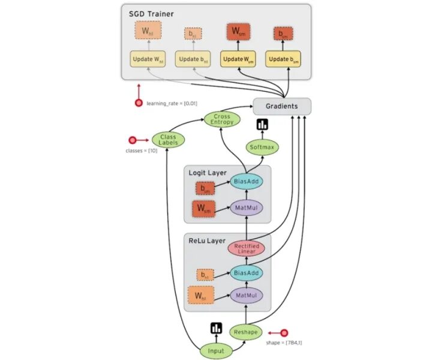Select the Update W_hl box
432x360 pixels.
pyautogui.click(x=148, y=59)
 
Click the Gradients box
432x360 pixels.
pyautogui.click(x=281, y=106)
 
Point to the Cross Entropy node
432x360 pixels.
pyautogui.click(x=221, y=119)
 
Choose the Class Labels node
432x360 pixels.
pyautogui.click(x=168, y=140)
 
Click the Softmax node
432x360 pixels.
pyautogui.click(x=262, y=146)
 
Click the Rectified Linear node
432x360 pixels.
pyautogui.click(x=246, y=248)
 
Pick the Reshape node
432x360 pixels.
pyautogui.click(x=246, y=332)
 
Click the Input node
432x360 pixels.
pyautogui.click(x=215, y=350)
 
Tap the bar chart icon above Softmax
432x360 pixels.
pyautogui.click(x=262, y=125)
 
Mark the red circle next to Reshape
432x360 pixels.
pyautogui.click(x=284, y=332)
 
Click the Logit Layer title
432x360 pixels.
pyautogui.click(x=208, y=173)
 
